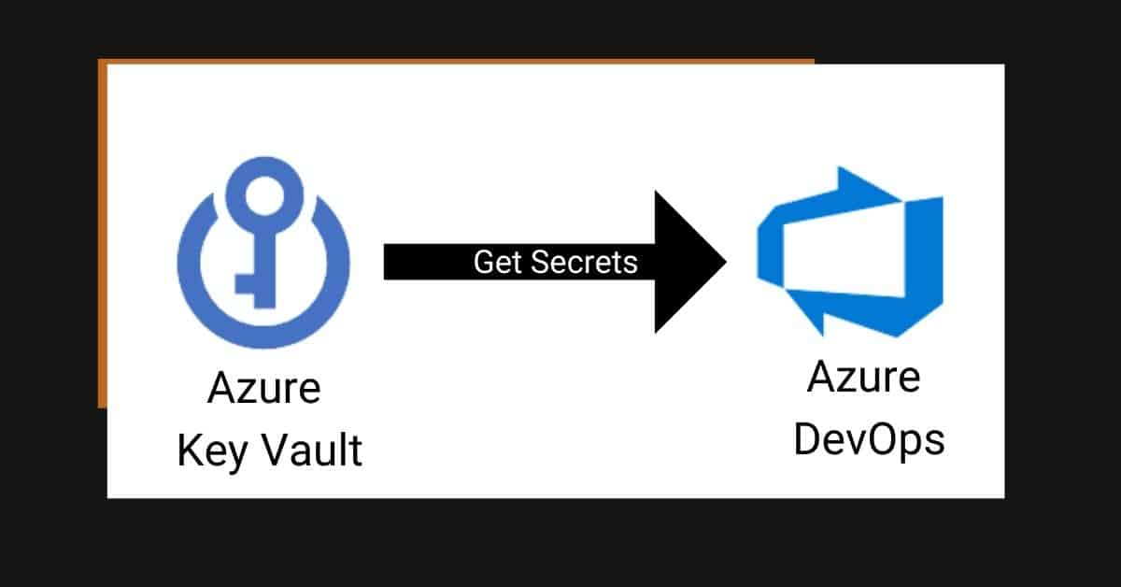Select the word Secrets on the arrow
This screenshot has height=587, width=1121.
pyautogui.click(x=584, y=262)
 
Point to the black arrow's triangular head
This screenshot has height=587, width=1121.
pyautogui.click(x=686, y=262)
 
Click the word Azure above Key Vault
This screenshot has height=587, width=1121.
pyautogui.click(x=264, y=388)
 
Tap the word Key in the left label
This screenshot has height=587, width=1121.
pyautogui.click(x=213, y=451)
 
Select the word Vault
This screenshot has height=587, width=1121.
pyautogui.click(x=312, y=451)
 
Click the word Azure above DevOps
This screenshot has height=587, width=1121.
pyautogui.click(x=864, y=377)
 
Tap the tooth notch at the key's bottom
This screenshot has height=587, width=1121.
pyautogui.click(x=245, y=284)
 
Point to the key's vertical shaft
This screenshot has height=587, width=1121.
pyautogui.click(x=265, y=265)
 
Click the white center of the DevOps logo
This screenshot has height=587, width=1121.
pyautogui.click(x=844, y=255)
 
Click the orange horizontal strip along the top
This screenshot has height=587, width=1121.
pyautogui.click(x=456, y=61)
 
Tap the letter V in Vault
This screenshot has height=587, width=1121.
pyautogui.click(x=277, y=450)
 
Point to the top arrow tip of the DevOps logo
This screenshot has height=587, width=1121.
pyautogui.click(x=840, y=168)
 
